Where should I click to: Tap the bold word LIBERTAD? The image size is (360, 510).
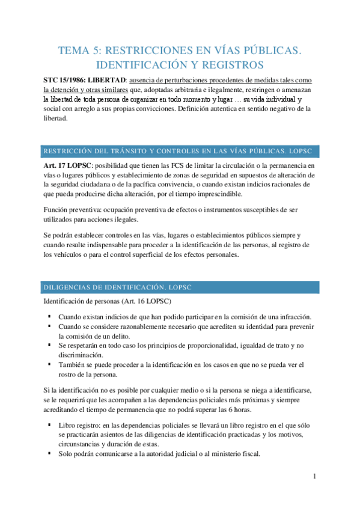tap(109, 81)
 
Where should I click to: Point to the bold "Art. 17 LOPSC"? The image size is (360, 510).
tap(66, 166)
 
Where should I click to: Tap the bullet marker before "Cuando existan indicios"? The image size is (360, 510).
tap(49, 317)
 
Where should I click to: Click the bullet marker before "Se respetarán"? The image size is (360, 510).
tap(49, 345)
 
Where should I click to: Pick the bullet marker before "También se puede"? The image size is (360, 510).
tap(49, 364)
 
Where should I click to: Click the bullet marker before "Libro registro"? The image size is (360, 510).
tap(49, 426)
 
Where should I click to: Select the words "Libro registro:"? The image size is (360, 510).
tap(79, 426)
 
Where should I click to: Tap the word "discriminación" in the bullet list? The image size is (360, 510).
tap(81, 354)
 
